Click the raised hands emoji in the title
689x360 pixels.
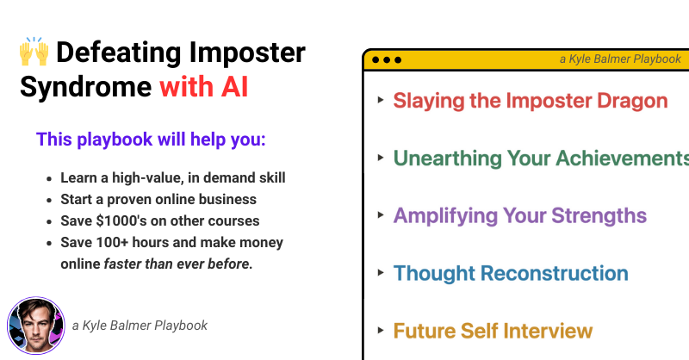click(34, 52)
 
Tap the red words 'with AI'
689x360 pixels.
click(204, 87)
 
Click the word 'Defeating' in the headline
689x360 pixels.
click(119, 53)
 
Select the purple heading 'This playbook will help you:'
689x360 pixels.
click(151, 140)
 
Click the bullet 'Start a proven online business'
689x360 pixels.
click(158, 199)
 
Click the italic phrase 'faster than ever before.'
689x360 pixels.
click(178, 264)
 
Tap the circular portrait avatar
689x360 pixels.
click(36, 326)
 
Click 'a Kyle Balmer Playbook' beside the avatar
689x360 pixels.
click(140, 326)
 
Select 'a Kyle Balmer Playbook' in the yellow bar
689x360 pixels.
click(620, 59)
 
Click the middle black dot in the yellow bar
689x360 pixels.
click(387, 59)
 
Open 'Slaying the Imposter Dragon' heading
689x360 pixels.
click(531, 101)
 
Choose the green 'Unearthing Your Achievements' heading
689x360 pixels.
click(541, 158)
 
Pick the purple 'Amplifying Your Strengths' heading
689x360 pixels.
click(520, 216)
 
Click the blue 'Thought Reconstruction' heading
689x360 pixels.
click(511, 273)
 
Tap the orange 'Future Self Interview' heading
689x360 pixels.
click(493, 331)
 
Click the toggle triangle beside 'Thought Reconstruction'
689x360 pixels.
click(381, 272)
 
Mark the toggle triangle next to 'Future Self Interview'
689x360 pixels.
click(381, 330)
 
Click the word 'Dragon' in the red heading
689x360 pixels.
click(632, 102)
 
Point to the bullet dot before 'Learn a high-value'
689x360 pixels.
click(49, 179)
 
